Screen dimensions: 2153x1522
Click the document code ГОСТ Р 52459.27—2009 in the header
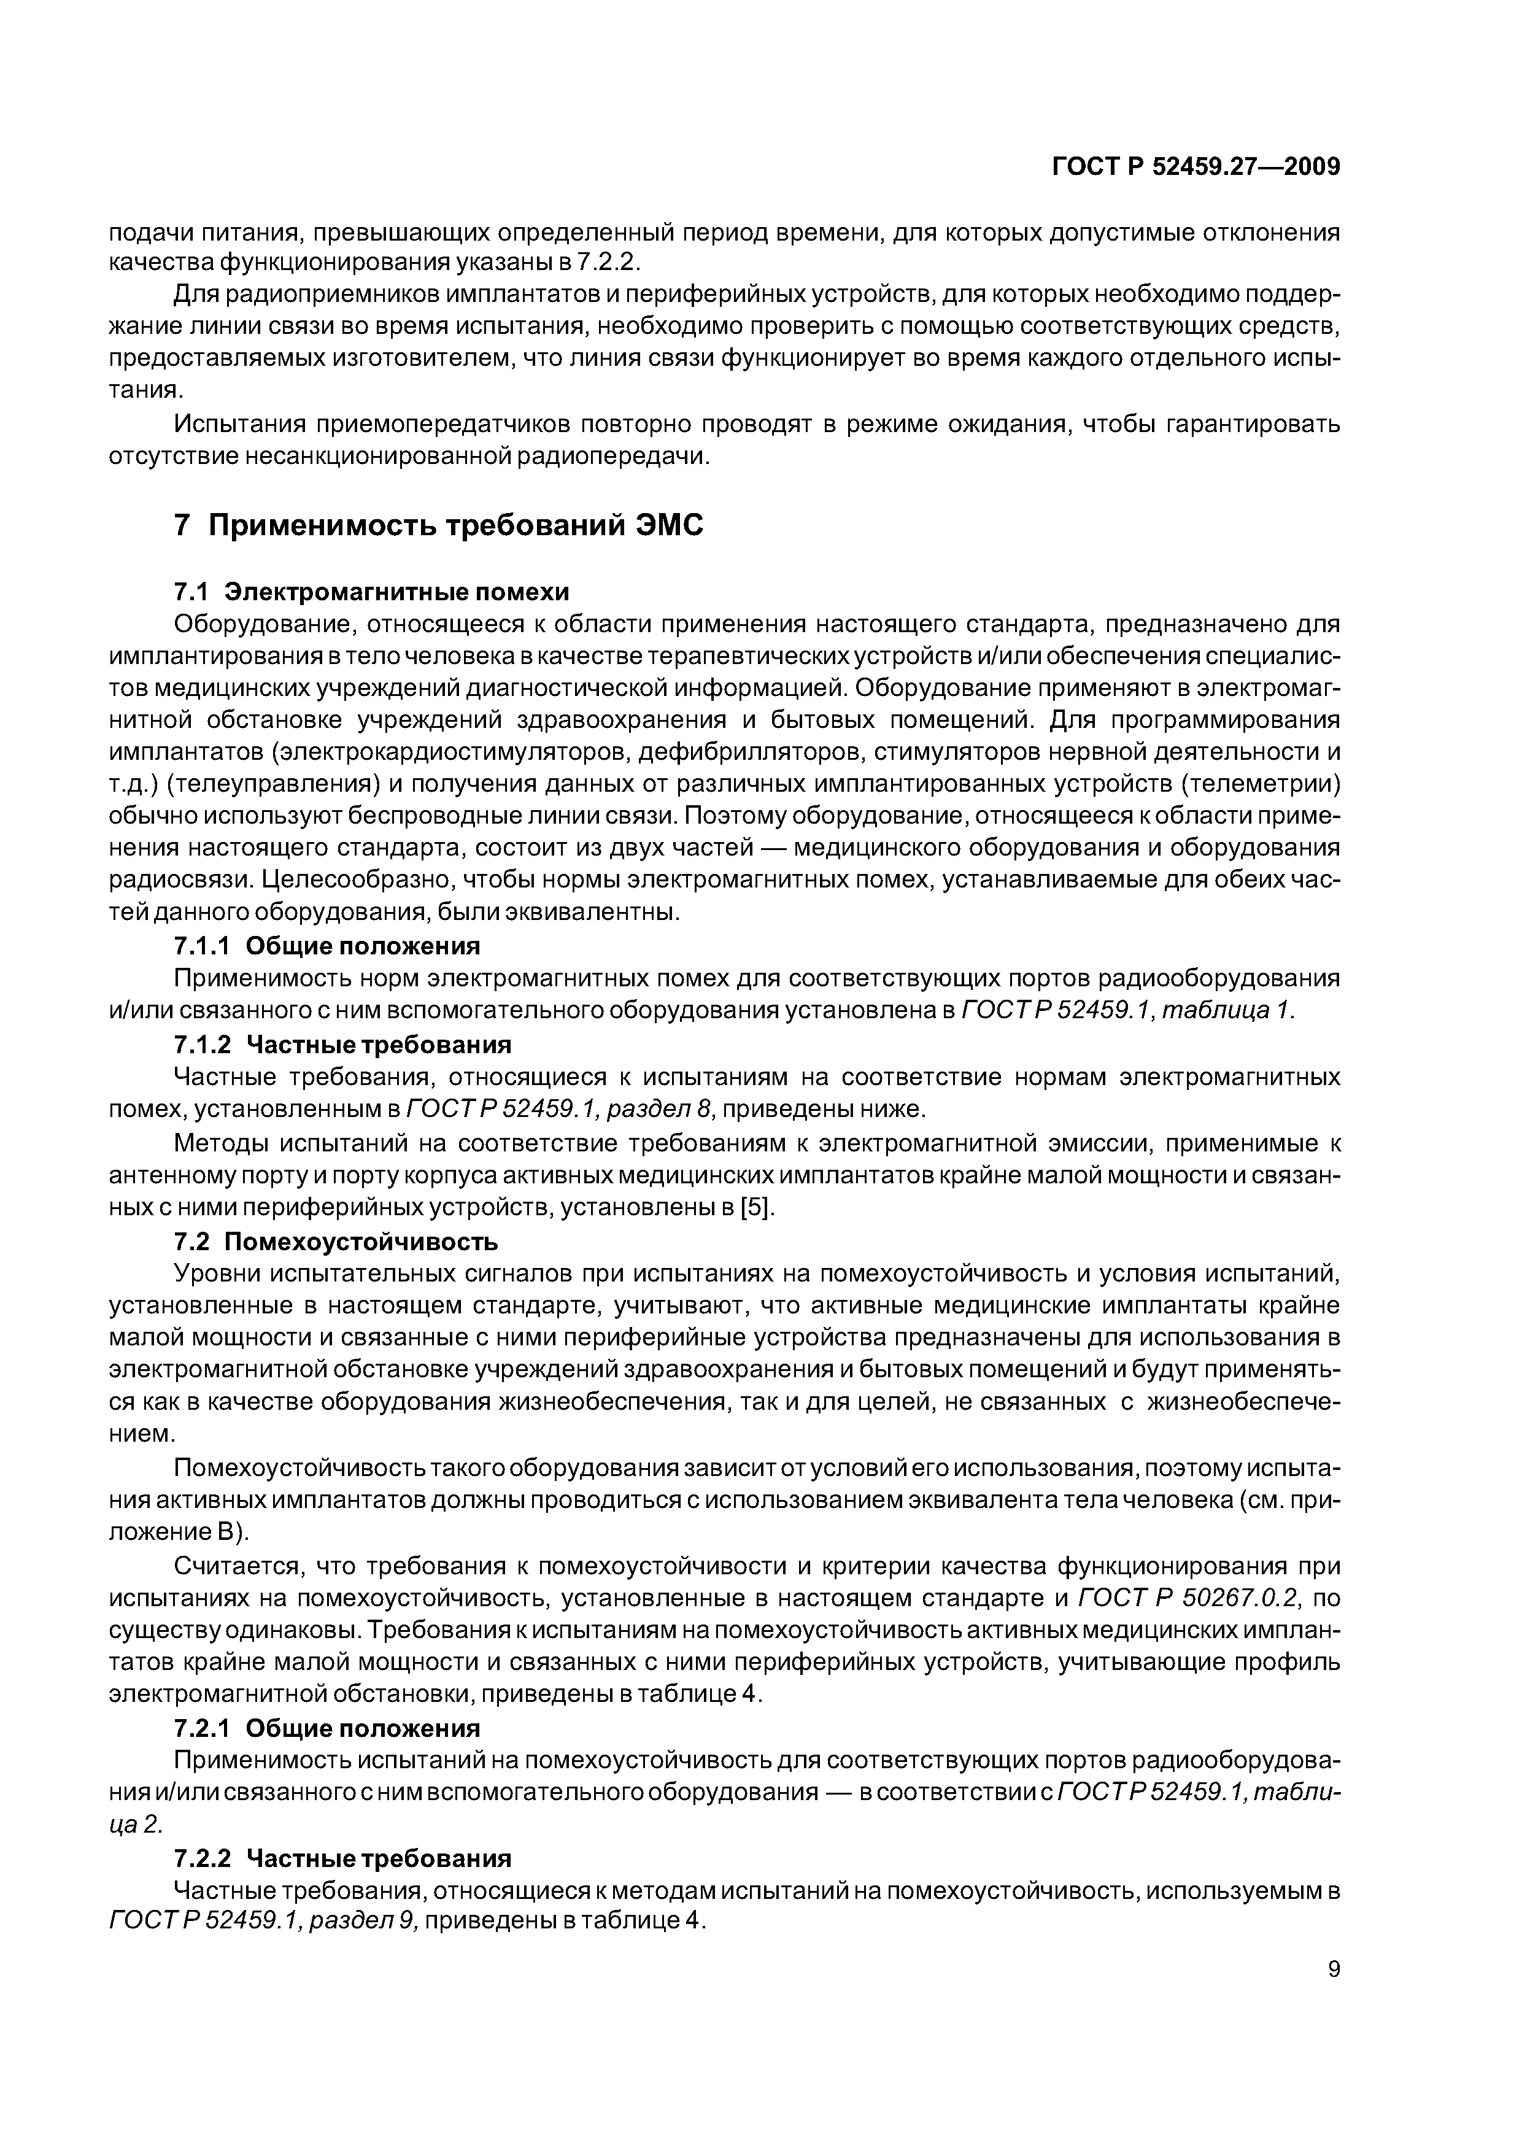[1196, 167]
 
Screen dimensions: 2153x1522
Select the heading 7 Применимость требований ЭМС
[439, 525]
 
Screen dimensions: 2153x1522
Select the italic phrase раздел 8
[661, 1109]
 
